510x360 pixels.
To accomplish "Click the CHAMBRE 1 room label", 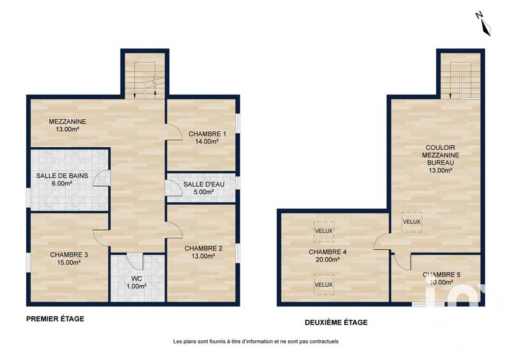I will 203,134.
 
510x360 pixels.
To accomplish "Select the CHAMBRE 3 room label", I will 69,254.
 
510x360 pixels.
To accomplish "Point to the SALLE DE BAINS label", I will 62,176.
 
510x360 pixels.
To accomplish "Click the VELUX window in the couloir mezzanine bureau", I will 411,222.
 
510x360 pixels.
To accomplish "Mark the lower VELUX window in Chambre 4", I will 323,284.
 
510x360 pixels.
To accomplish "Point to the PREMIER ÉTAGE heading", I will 55,318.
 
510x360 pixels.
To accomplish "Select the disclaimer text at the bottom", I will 255,342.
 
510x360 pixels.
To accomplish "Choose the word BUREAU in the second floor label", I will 437,162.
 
